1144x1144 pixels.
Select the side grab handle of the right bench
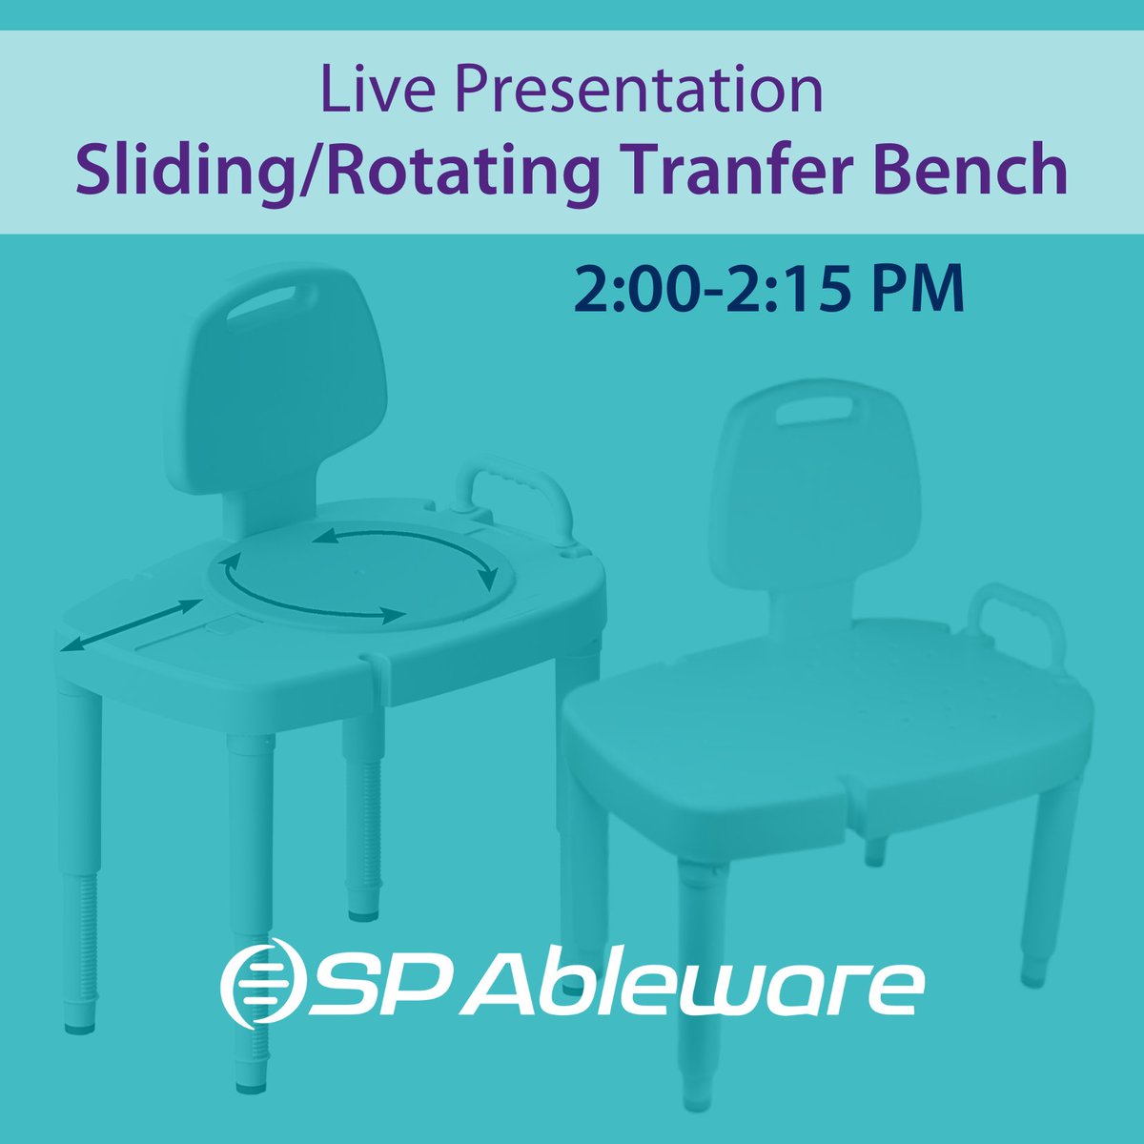(1019, 624)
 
